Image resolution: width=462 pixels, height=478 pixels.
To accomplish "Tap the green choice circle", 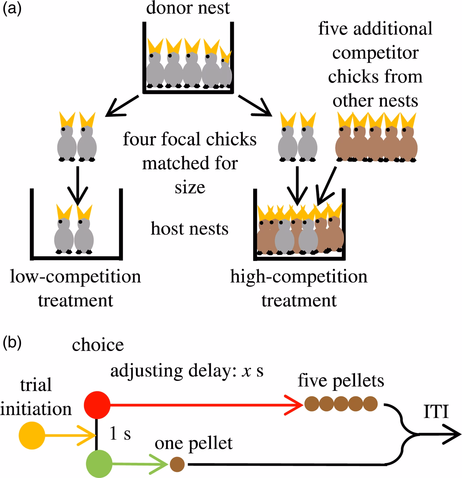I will tap(99, 463).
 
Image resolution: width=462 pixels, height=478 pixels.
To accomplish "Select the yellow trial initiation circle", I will tap(32, 436).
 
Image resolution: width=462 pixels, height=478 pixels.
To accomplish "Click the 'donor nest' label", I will tap(188, 8).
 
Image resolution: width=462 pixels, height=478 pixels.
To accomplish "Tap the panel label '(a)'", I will tap(12, 8).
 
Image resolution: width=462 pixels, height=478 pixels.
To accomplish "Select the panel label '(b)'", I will tap(12, 343).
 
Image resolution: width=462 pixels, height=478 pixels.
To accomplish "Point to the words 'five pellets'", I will tap(341, 380).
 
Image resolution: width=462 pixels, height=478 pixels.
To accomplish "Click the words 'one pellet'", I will tap(194, 443).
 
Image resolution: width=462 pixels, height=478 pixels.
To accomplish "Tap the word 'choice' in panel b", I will tap(98, 345).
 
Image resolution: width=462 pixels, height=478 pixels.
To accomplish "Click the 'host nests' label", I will tap(190, 228).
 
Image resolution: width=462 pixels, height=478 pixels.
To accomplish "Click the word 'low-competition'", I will tap(76, 277).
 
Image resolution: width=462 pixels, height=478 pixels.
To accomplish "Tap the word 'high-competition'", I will tap(299, 277).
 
